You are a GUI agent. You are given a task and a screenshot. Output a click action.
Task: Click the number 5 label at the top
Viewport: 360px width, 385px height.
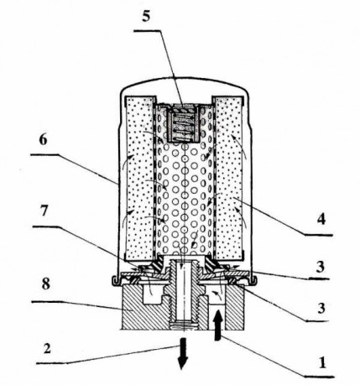click(x=146, y=17)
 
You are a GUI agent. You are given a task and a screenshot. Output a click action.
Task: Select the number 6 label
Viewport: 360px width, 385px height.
click(x=43, y=140)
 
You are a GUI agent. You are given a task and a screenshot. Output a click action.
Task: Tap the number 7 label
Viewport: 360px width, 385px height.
click(x=44, y=211)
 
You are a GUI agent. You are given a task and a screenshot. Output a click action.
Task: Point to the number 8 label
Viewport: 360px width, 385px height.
click(x=45, y=284)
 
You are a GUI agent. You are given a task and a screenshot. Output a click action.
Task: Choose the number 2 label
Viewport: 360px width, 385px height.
click(x=47, y=349)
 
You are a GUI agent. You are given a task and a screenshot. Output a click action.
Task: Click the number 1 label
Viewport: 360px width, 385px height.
click(x=322, y=363)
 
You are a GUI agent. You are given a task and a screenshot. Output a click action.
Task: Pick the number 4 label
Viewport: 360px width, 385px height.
click(x=321, y=219)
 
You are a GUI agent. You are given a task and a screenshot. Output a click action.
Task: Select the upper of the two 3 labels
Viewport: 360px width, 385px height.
click(x=320, y=267)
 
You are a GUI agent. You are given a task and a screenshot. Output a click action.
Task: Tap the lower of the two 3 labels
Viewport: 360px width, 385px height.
click(x=321, y=308)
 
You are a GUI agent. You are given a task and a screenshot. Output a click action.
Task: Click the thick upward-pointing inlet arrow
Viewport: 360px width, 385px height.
click(x=218, y=325)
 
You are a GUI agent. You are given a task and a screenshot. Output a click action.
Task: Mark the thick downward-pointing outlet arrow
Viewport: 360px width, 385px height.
click(x=183, y=353)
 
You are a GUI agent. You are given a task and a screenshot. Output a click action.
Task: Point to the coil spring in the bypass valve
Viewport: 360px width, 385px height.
click(x=183, y=125)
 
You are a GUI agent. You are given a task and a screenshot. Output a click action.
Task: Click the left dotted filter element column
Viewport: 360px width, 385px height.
click(x=139, y=178)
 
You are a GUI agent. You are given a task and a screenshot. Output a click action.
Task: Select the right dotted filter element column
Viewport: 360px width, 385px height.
click(x=228, y=178)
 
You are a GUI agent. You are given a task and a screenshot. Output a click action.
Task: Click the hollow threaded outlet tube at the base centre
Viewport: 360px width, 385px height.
click(x=184, y=294)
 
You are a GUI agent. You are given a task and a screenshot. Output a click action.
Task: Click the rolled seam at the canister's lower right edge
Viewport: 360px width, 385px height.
click(x=253, y=281)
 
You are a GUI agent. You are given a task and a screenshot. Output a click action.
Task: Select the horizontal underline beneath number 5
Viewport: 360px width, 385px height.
click(x=147, y=31)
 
